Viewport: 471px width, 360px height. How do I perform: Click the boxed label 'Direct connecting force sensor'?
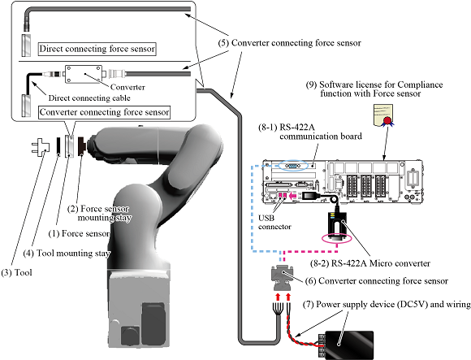tap(97, 49)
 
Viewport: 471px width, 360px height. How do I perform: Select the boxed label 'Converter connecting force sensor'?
tap(105, 112)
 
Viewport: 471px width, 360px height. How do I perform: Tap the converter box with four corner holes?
tap(84, 74)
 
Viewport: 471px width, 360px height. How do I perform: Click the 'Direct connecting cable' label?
tap(89, 98)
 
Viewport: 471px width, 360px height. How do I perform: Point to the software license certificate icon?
tap(383, 115)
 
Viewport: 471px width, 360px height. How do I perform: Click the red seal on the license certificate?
tap(387, 120)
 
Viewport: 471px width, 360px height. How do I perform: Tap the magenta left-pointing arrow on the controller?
tap(293, 196)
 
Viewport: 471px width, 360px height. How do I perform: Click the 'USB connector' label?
tap(274, 222)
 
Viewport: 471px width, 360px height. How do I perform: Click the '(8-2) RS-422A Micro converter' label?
tap(370, 263)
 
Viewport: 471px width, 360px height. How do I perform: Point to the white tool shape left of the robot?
tap(41, 147)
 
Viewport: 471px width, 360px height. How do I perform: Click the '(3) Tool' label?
tap(16, 272)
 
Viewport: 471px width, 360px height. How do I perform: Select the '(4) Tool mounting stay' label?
tap(67, 254)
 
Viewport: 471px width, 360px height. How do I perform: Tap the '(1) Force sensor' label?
tap(79, 233)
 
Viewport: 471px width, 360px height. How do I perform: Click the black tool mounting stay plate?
tap(58, 146)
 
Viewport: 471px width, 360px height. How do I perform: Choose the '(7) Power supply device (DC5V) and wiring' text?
tap(387, 305)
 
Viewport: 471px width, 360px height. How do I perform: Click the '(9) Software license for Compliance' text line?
tap(374, 85)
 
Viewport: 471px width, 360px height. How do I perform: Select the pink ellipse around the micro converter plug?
tap(336, 237)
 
